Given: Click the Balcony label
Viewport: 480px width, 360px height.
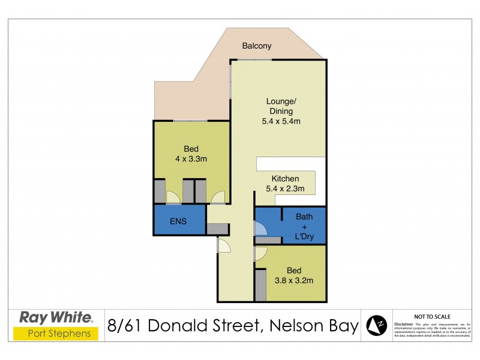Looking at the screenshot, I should (257, 46).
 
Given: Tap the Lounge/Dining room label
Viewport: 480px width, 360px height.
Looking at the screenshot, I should (280, 106).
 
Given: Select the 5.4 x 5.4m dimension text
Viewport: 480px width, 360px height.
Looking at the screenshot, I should (281, 121).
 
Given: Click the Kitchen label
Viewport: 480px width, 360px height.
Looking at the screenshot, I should (285, 179).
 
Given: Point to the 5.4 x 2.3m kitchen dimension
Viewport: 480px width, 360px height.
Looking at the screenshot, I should (285, 189).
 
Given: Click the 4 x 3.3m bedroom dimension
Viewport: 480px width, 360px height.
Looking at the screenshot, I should (191, 159).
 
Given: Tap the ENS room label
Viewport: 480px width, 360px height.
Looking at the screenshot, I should (178, 221).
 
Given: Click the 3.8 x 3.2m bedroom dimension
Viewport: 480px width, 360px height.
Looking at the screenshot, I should (294, 280).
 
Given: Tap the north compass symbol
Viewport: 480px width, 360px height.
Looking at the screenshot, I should (377, 325).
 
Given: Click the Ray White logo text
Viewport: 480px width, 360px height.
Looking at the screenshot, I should (56, 317).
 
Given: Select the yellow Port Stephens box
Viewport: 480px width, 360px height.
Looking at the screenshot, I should (56, 334).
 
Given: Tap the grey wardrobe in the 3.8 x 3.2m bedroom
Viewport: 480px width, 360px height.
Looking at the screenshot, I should (260, 285).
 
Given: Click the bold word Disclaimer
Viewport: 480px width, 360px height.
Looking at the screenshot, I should (404, 323).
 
